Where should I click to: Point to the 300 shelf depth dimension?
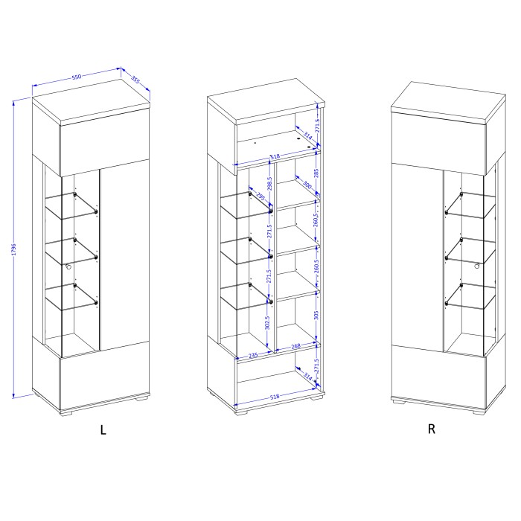[305, 184]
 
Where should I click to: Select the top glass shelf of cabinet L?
[74, 203]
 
